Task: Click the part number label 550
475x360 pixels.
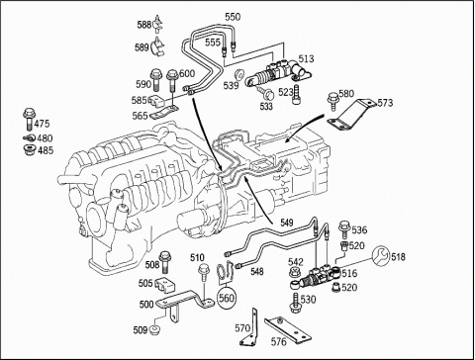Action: (x=233, y=17)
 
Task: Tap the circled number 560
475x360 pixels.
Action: (x=227, y=298)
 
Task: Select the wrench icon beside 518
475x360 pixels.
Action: (x=381, y=256)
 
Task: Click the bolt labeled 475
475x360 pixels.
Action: (x=29, y=120)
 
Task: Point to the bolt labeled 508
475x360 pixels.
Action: (x=164, y=262)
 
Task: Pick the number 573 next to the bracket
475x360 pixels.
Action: (x=385, y=103)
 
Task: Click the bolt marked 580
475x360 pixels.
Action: (x=332, y=101)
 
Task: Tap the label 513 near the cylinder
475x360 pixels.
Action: (x=306, y=58)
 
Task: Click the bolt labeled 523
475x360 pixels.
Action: (x=296, y=94)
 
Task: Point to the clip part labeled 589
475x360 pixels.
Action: (x=158, y=46)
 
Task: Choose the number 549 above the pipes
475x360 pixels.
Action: (x=287, y=223)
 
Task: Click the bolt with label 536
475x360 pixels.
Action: (x=344, y=229)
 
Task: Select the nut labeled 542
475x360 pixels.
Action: (x=294, y=272)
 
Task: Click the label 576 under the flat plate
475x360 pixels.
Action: (x=278, y=342)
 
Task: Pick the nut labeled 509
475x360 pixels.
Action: (x=153, y=329)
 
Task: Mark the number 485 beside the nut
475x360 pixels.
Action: (x=46, y=150)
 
